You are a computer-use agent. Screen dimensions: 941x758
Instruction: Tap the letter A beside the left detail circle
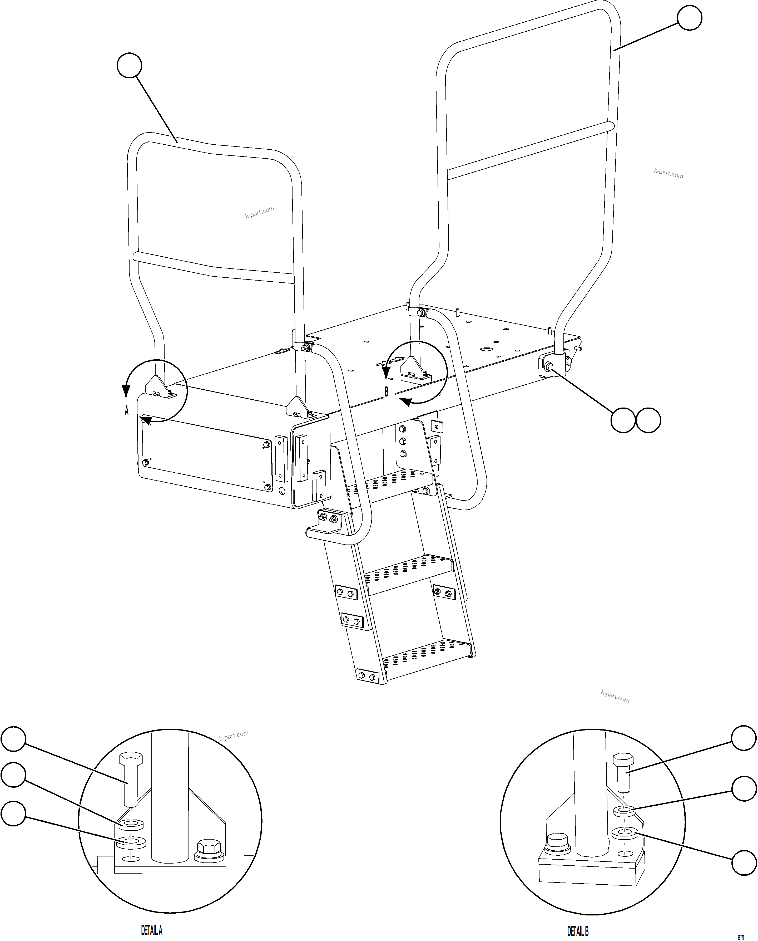pos(127,411)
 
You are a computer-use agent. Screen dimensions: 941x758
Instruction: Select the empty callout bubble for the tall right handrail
pos(690,18)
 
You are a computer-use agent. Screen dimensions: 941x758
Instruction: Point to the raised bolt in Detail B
pos(623,773)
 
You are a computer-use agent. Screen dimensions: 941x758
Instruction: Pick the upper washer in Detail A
pos(131,824)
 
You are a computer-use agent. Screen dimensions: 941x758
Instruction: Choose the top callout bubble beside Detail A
pos(13,739)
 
